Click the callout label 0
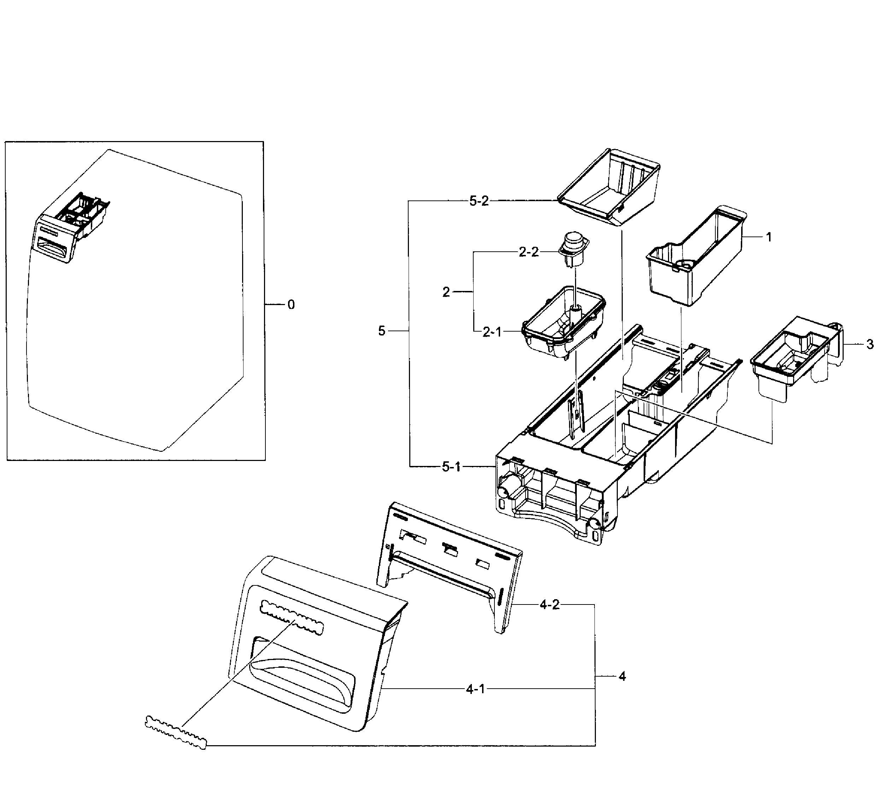click(x=291, y=305)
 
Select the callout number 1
click(x=769, y=237)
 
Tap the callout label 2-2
click(x=528, y=252)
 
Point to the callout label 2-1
click(x=492, y=332)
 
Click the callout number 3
click(x=870, y=345)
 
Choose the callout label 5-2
click(x=479, y=201)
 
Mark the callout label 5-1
click(x=451, y=467)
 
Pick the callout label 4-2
click(x=550, y=605)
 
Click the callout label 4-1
click(x=475, y=689)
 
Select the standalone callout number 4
click(x=622, y=677)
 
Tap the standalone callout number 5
click(x=381, y=331)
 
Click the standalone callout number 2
click(x=446, y=292)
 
